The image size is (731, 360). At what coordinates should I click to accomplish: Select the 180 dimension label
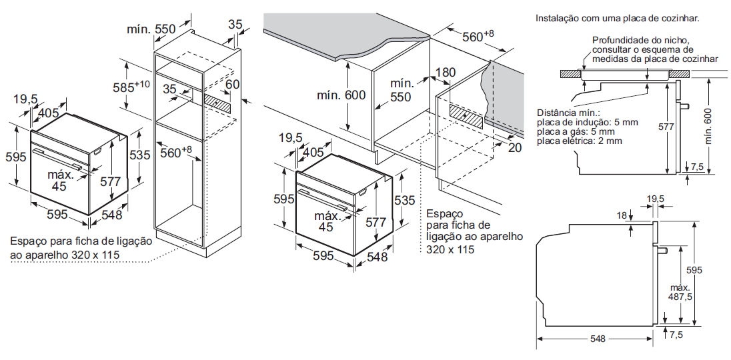446,73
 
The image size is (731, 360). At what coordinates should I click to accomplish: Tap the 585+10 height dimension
131,87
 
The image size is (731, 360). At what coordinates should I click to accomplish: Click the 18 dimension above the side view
622,215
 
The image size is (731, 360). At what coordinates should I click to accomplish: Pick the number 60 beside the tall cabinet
232,85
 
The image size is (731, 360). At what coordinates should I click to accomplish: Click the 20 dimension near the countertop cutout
514,148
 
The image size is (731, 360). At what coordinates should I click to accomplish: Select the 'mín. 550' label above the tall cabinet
151,29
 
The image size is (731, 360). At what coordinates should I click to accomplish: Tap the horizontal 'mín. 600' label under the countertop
341,95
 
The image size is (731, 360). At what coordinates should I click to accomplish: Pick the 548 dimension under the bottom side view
598,339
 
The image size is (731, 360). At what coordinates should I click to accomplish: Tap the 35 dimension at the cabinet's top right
235,25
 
